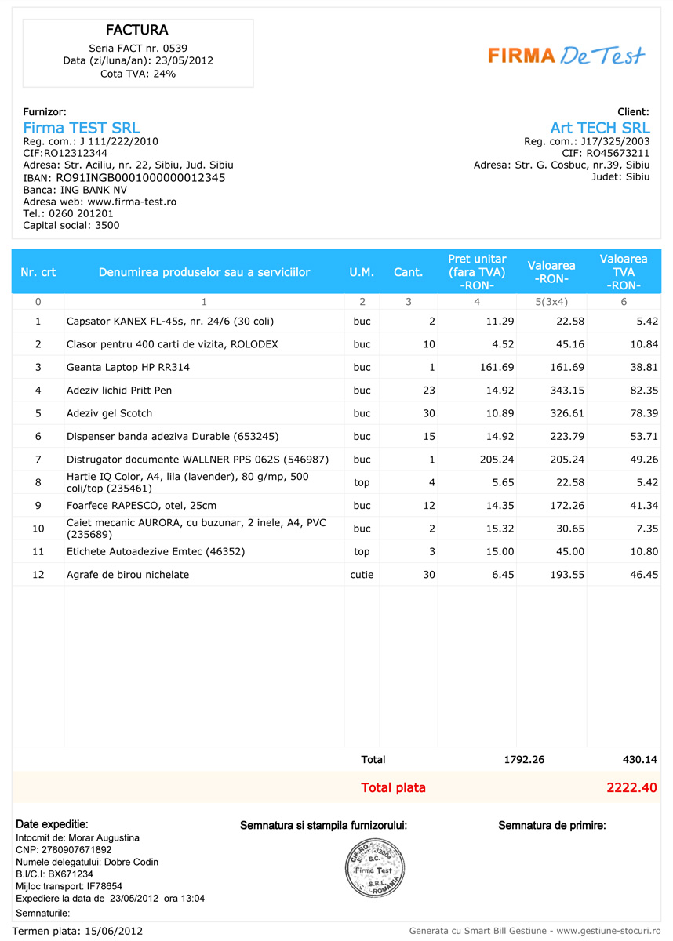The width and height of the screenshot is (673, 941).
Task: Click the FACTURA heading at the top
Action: coord(137,31)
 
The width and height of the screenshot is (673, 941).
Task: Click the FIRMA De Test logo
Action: coord(566,55)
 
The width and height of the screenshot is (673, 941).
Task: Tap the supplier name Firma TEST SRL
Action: coord(82,128)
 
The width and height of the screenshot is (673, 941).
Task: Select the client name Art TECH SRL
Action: coord(599,128)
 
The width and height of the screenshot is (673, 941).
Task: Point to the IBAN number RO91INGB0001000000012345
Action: coord(140,178)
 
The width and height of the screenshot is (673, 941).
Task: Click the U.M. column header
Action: coord(362,272)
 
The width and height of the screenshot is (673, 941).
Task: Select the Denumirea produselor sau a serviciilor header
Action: coord(204,272)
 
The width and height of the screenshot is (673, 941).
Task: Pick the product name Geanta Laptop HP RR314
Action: coord(128,367)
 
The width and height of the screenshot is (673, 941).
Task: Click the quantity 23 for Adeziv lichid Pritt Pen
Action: coord(428,391)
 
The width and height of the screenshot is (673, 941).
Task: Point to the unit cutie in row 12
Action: coord(362,575)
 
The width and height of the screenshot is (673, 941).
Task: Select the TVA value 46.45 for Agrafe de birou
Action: coord(642,575)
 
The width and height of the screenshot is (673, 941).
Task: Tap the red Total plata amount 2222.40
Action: coord(631,787)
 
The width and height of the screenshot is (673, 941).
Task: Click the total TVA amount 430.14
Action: coord(639,760)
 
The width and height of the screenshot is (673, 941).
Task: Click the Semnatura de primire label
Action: coord(551,825)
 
